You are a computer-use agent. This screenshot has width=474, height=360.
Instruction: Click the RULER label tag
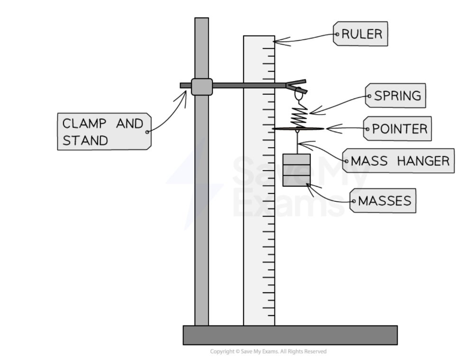tap(361, 34)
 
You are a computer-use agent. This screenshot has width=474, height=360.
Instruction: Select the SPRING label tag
tap(397, 96)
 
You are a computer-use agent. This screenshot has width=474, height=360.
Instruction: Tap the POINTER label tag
tap(398, 128)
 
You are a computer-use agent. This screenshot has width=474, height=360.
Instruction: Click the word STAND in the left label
tap(85, 140)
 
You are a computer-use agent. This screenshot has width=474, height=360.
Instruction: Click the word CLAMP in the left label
tap(83, 124)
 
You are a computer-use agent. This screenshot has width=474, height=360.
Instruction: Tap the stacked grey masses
tap(296, 170)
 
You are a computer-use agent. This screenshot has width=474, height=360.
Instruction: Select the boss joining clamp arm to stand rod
tap(202, 87)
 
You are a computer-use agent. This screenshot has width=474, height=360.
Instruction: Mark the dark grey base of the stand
tap(290, 335)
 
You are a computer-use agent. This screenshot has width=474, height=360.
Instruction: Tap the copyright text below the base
tap(268, 351)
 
